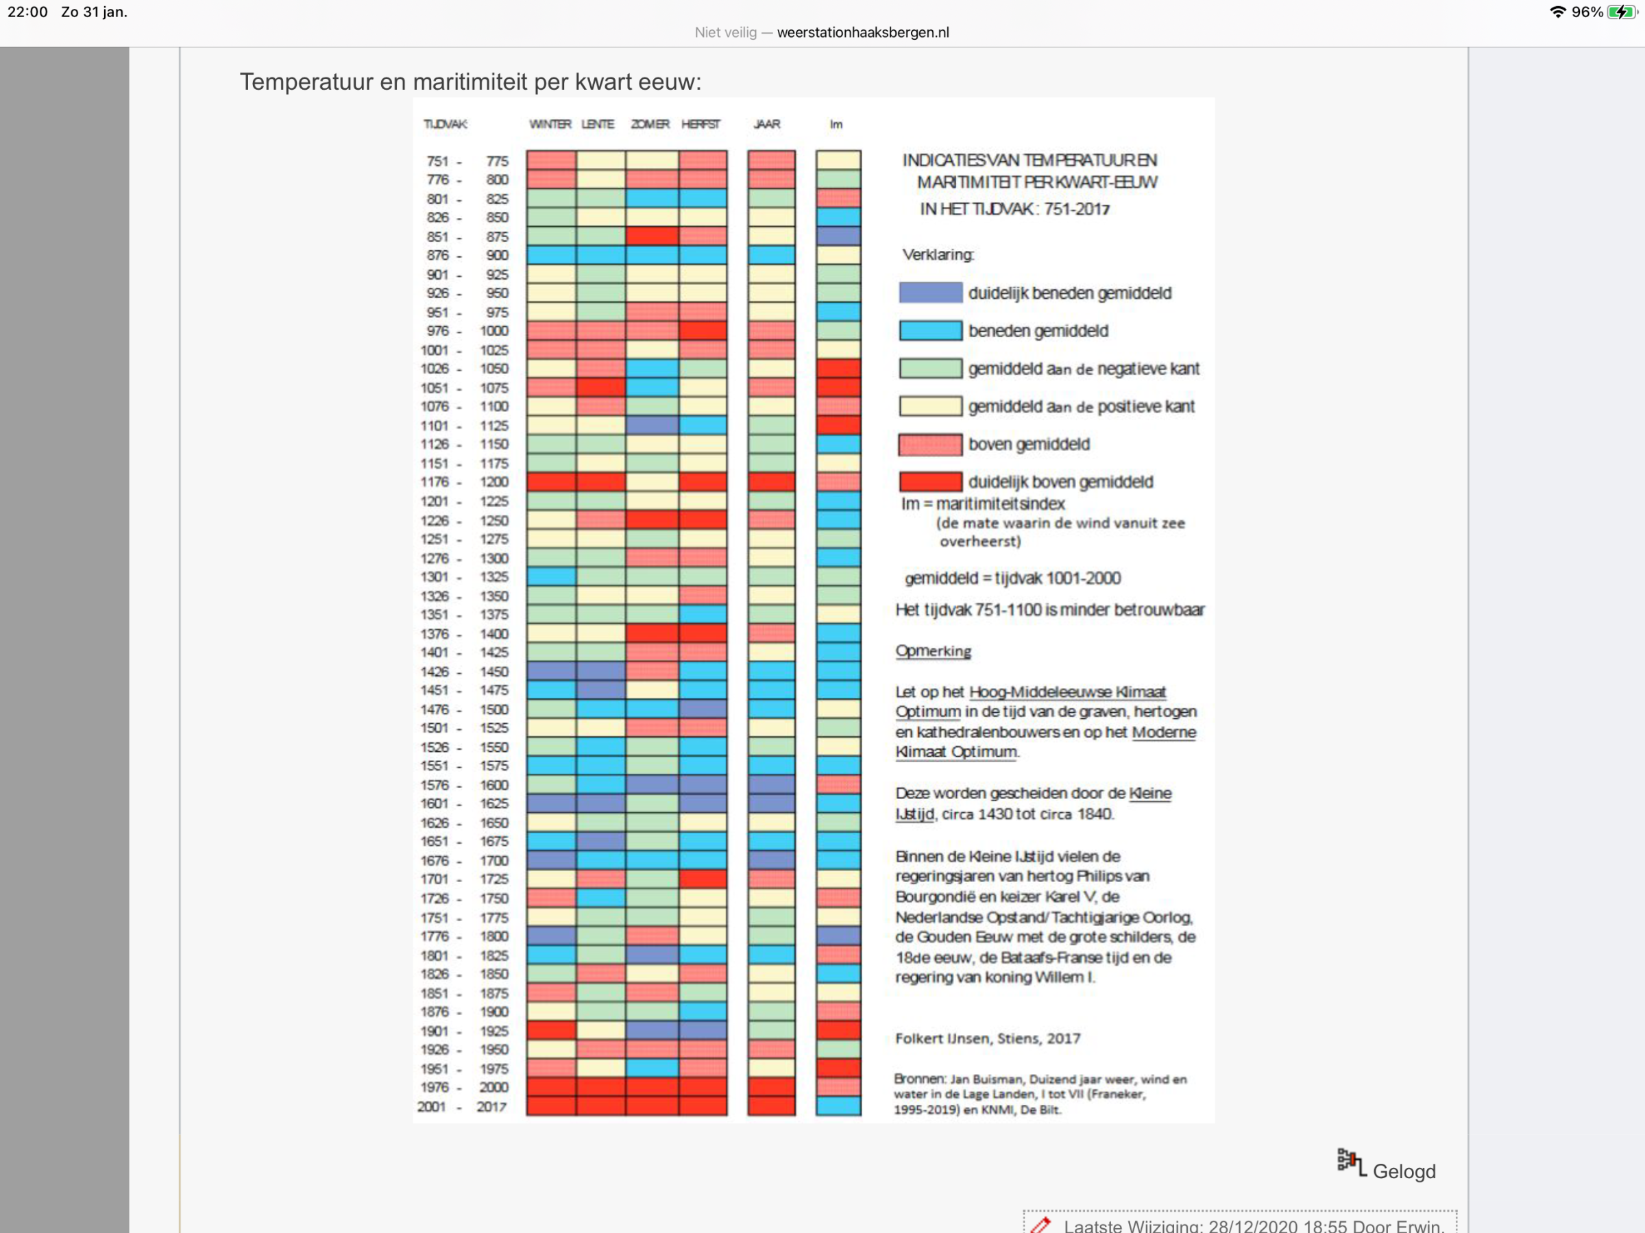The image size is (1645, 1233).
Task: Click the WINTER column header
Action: [x=550, y=124]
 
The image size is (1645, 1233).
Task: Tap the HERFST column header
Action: [x=700, y=124]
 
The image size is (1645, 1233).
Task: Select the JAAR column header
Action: [x=767, y=124]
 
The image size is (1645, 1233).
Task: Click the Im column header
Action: [x=836, y=124]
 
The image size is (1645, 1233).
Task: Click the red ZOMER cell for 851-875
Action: [x=651, y=236]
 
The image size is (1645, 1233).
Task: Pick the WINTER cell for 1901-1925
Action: [x=551, y=1031]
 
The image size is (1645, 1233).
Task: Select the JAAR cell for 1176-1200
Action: [x=771, y=482]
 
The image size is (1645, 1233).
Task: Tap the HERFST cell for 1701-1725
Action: [x=703, y=879]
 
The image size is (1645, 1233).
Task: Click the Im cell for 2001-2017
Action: [x=838, y=1107]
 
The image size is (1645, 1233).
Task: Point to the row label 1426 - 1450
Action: [x=464, y=672]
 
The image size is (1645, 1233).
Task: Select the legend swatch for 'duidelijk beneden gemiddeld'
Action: [x=930, y=293]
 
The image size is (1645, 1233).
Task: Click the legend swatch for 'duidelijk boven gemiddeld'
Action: [x=930, y=482]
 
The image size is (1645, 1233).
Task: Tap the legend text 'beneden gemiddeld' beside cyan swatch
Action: [x=1038, y=331]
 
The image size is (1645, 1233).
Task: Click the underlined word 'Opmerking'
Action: [x=933, y=651]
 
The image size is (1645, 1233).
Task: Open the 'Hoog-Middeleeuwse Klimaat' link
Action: [x=1067, y=692]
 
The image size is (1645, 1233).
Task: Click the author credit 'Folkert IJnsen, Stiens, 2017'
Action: [x=987, y=1039]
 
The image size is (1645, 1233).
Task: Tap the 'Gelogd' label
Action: [x=1403, y=1171]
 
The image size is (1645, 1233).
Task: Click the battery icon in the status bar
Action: [x=1622, y=12]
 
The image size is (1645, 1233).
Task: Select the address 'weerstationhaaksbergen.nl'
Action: [x=863, y=32]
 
